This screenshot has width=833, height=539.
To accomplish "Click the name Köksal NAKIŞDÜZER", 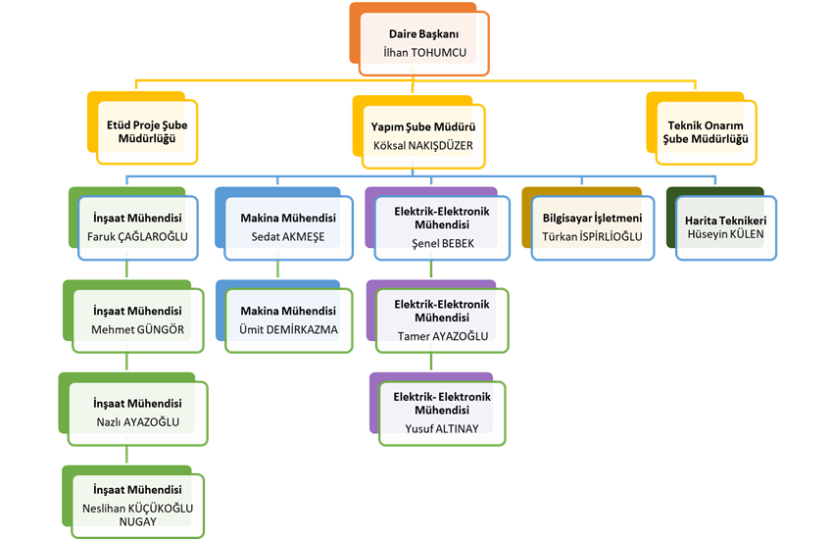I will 422,145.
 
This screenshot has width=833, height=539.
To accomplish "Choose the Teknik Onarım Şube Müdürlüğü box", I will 706,132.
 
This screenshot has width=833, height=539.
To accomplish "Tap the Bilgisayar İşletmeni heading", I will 592,219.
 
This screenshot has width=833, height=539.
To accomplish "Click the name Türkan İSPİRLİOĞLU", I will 592,236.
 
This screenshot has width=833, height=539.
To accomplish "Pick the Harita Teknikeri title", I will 726,221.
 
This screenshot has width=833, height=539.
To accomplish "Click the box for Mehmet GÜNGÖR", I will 137,320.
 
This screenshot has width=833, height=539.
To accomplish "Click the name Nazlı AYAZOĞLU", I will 137,421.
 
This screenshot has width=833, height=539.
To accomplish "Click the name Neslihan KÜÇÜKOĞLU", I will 138,508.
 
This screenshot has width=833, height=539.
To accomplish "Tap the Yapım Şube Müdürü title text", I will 422,127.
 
